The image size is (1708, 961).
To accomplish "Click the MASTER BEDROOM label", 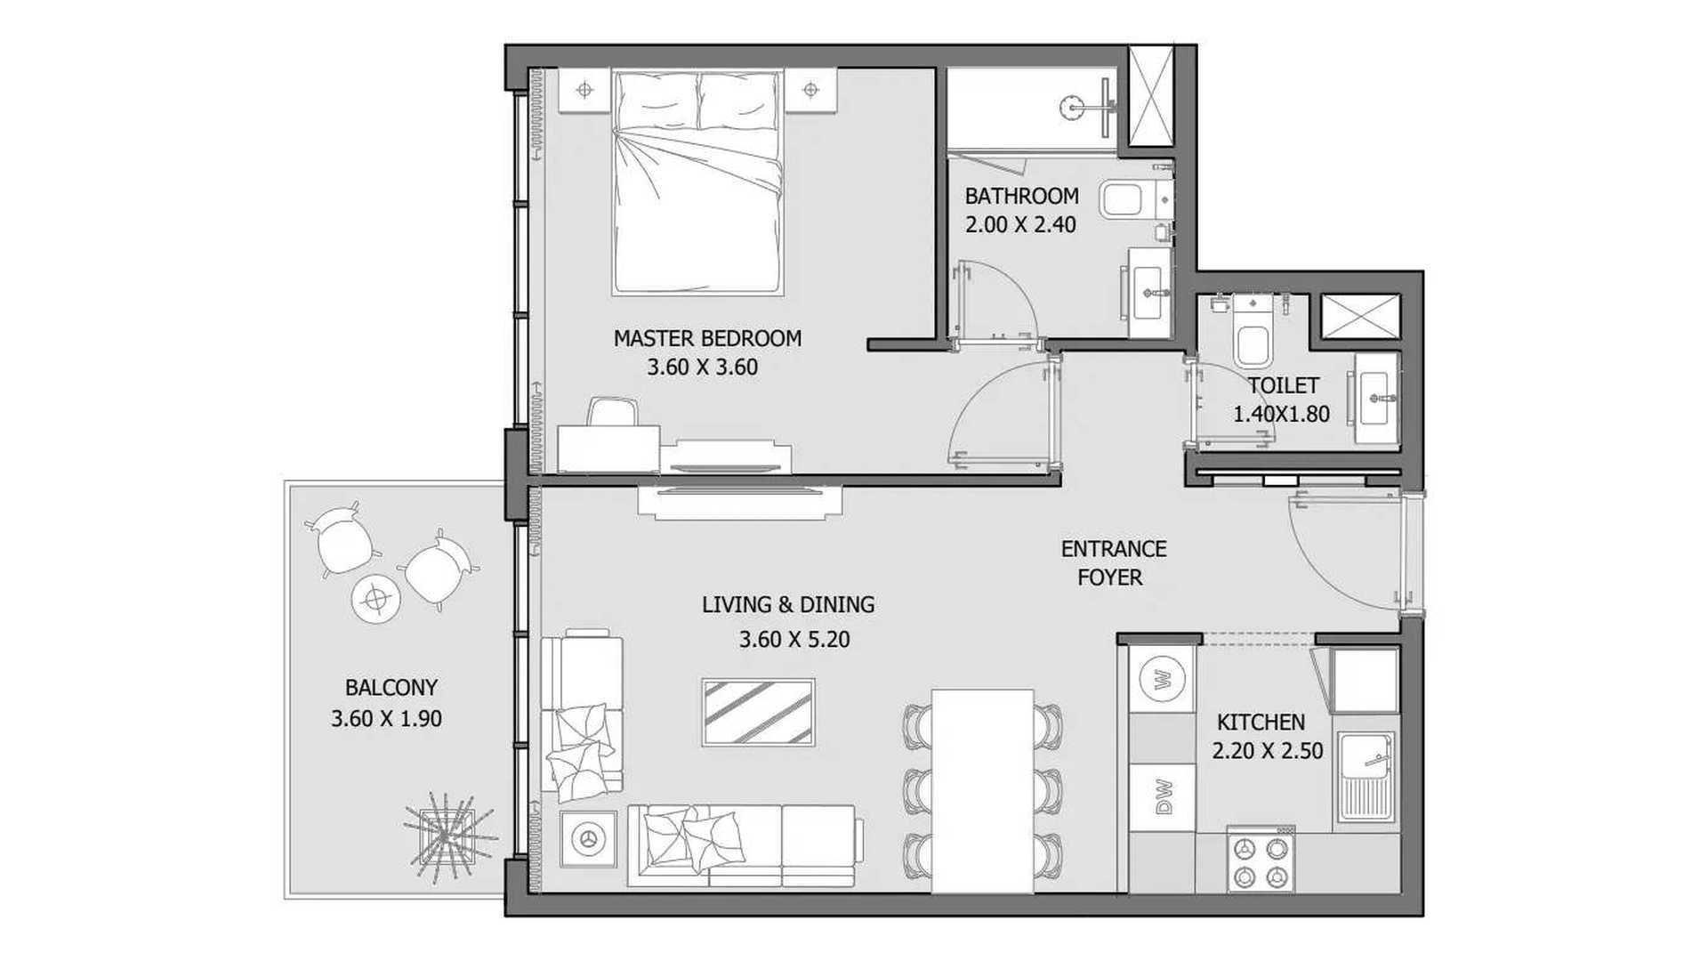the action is pyautogui.click(x=707, y=338).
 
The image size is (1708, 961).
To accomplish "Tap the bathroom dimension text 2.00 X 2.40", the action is pyautogui.click(x=1020, y=224).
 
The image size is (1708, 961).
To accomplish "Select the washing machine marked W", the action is pyautogui.click(x=1163, y=681).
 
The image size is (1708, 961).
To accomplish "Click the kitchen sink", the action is pyautogui.click(x=1367, y=778).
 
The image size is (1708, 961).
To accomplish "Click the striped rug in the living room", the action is pyautogui.click(x=758, y=712).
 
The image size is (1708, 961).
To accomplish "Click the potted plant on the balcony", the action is pyautogui.click(x=448, y=836).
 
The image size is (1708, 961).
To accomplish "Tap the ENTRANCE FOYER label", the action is pyautogui.click(x=1112, y=562).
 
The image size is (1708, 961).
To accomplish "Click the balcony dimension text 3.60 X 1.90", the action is pyautogui.click(x=386, y=718).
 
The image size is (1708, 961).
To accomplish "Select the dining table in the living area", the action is pyautogui.click(x=983, y=790).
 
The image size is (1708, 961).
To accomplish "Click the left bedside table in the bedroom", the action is pyautogui.click(x=584, y=91).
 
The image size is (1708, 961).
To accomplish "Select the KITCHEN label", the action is pyautogui.click(x=1261, y=722).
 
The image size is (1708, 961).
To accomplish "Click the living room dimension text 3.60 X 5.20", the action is pyautogui.click(x=794, y=639).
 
